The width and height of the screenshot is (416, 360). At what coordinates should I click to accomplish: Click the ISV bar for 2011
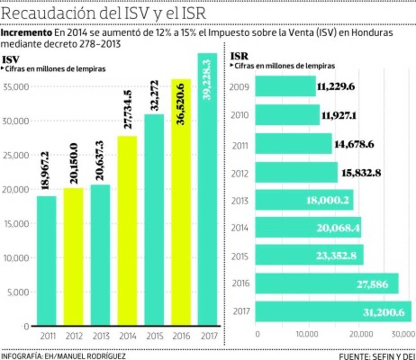pyautogui.click(x=46, y=260)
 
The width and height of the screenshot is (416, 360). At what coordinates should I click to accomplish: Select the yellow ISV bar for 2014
pyautogui.click(x=127, y=230)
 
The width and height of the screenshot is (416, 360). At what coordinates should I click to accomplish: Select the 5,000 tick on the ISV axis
pyautogui.click(x=18, y=292)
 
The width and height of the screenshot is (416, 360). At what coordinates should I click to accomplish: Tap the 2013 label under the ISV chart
pyautogui.click(x=100, y=336)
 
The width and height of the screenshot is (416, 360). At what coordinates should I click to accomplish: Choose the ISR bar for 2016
pyautogui.click(x=326, y=284)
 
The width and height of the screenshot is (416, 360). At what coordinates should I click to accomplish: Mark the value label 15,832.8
pyautogui.click(x=361, y=173)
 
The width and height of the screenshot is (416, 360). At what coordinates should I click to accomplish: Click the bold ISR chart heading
pyautogui.click(x=239, y=57)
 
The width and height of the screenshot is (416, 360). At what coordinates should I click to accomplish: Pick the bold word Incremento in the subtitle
pyautogui.click(x=26, y=32)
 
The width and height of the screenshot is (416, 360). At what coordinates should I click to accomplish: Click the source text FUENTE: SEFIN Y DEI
pyautogui.click(x=376, y=356)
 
